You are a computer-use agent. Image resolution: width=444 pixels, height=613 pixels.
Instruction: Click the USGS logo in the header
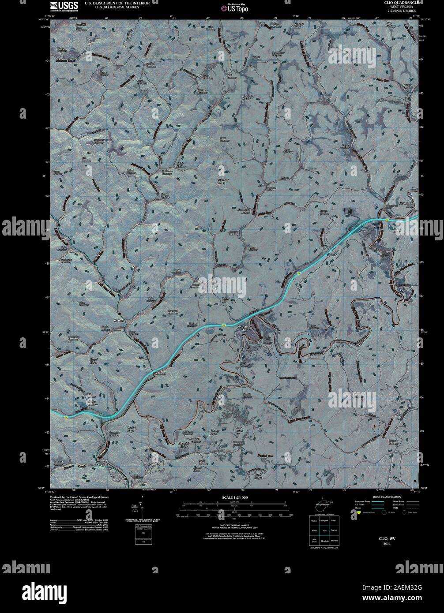tap(64, 6)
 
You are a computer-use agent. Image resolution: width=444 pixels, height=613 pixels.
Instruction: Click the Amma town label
tap(364, 231)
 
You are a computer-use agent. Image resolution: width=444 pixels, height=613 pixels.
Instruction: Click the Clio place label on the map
tap(261, 186)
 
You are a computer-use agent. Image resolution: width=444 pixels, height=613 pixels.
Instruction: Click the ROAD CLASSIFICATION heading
tap(382, 497)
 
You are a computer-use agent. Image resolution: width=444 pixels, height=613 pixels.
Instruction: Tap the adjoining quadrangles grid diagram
tap(324, 530)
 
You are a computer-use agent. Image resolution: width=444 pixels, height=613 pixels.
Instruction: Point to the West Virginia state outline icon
tap(324, 506)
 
